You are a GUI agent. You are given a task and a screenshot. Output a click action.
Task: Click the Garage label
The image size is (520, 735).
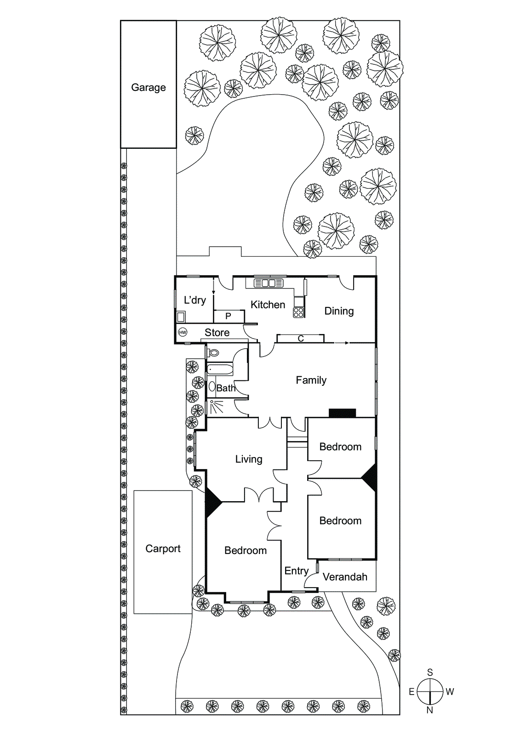tap(148, 87)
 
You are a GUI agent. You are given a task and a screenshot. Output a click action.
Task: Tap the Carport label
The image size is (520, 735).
tap(163, 548)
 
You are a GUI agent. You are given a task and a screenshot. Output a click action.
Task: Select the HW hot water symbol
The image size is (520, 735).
tap(183, 332)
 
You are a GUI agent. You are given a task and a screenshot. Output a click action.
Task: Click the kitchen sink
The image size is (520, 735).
tap(269, 283)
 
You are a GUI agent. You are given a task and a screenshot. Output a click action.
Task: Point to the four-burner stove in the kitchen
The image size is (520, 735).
tap(299, 312)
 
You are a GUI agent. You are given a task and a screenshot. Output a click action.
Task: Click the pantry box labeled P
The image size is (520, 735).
tap(229, 316)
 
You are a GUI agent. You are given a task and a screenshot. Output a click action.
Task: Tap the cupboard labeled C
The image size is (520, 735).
tap(301, 339)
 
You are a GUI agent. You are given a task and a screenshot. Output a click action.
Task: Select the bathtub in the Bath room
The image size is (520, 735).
tap(220, 369)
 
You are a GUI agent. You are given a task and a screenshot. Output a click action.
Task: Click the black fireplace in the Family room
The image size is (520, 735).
tap(342, 413)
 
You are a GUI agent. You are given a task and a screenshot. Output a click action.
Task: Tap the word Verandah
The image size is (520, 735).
tap(345, 577)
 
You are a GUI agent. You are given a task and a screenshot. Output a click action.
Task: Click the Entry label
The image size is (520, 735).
tap(296, 571)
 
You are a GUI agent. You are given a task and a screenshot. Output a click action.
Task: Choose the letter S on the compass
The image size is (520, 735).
tap(430, 672)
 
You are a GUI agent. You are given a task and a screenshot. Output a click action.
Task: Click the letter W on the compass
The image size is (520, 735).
tap(450, 691)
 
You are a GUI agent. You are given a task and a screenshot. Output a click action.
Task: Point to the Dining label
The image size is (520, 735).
tap(339, 311)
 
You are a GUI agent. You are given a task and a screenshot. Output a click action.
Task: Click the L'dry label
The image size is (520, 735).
tap(194, 300)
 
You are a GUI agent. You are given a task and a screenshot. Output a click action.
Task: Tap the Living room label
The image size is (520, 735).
tap(249, 459)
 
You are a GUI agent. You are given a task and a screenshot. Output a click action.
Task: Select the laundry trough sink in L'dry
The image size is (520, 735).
tap(181, 317)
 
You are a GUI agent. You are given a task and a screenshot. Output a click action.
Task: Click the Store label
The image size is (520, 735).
tap(217, 333)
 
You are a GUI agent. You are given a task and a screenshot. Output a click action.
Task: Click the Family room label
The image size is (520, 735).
tap(311, 380)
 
